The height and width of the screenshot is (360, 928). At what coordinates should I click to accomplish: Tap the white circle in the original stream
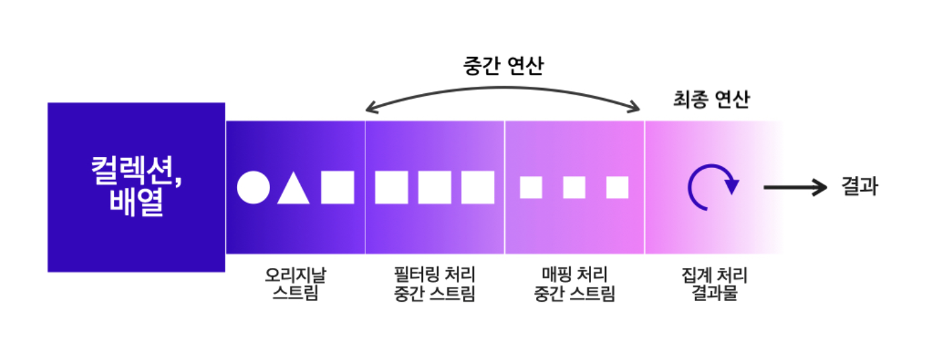[x=254, y=187]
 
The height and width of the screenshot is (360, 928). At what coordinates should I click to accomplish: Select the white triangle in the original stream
[x=293, y=189]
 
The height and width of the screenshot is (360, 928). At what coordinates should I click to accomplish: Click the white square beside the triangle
[x=338, y=187]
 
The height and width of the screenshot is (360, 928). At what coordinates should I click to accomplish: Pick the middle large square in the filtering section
[x=435, y=187]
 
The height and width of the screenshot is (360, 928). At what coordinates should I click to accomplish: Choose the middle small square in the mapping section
[x=574, y=187]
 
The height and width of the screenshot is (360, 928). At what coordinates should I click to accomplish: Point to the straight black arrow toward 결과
[x=795, y=187]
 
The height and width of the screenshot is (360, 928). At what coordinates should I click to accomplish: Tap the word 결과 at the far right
[x=860, y=187]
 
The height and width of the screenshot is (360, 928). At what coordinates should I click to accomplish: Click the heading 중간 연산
[x=503, y=66]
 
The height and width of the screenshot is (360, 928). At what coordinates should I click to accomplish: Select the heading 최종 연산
[x=711, y=101]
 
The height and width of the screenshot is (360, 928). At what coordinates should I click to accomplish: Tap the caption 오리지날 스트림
[x=295, y=284]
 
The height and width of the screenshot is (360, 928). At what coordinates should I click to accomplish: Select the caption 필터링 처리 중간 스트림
[x=434, y=284]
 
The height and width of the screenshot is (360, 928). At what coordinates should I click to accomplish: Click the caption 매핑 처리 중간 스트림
[x=574, y=284]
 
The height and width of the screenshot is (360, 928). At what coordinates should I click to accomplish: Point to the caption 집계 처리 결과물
[x=714, y=284]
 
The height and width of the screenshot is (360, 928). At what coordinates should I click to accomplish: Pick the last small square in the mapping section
[x=617, y=187]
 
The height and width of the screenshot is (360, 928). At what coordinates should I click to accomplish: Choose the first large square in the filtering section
[x=391, y=187]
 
